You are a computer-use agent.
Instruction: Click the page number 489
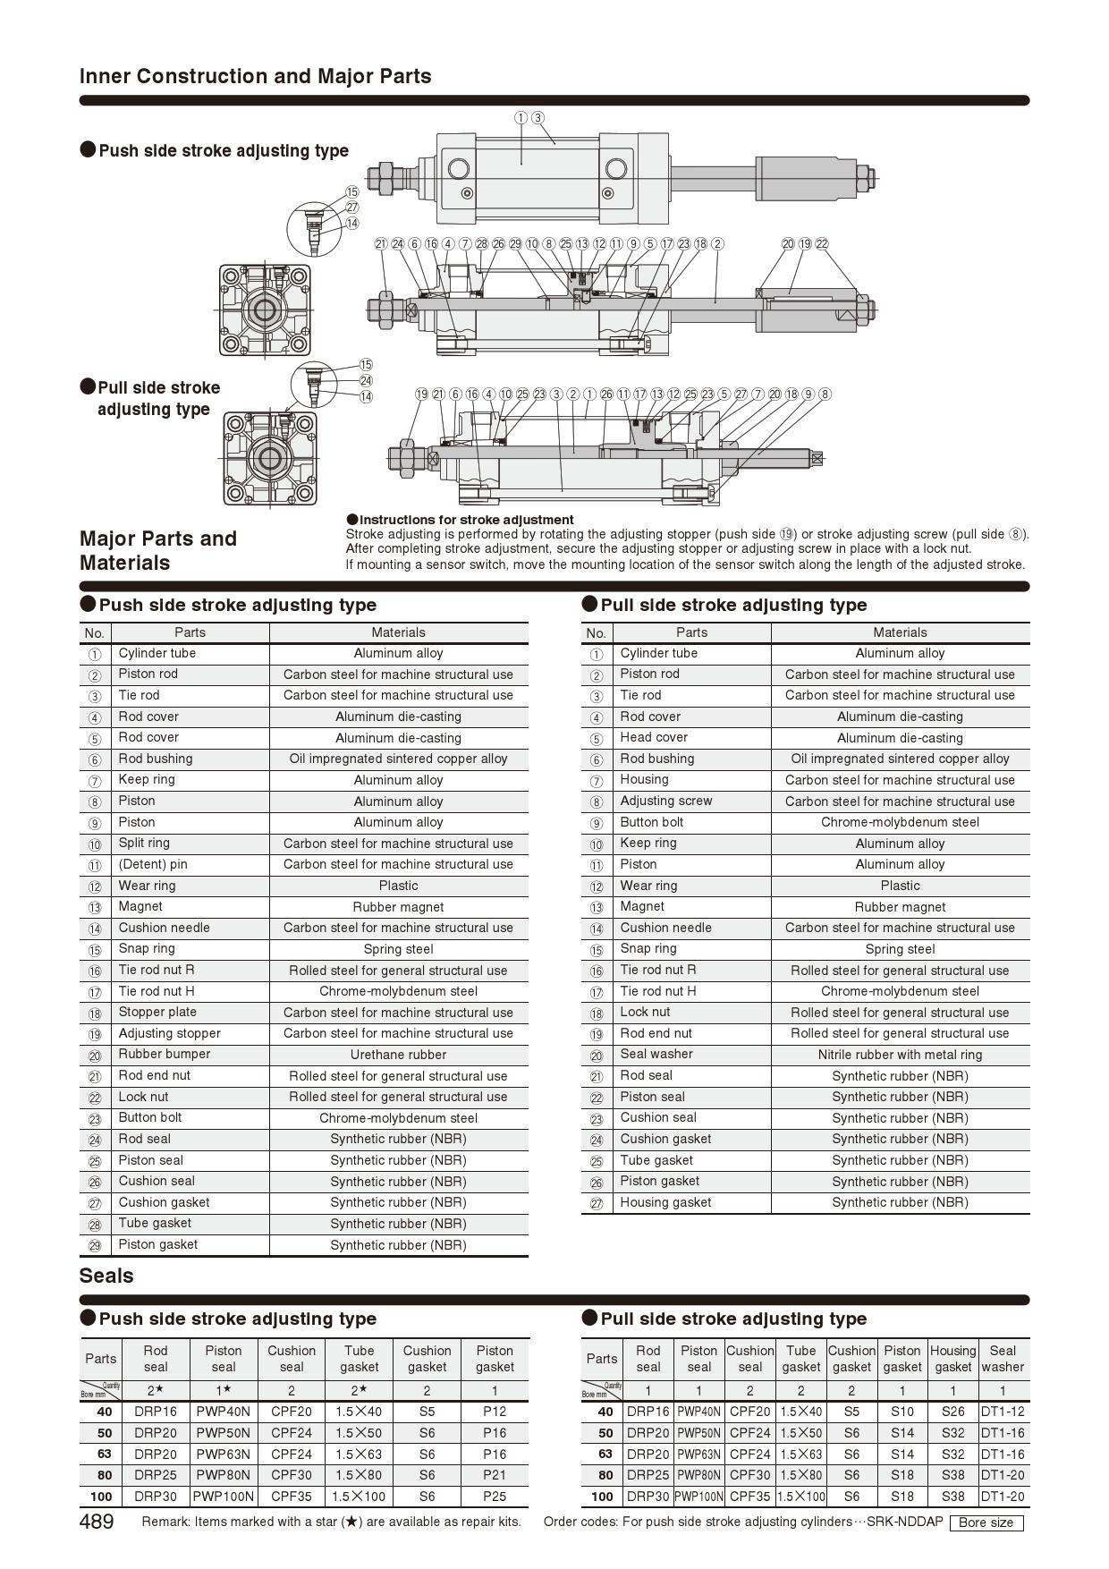97,1522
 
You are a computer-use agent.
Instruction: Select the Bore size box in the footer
986,1522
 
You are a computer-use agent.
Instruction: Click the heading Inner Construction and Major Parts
255,76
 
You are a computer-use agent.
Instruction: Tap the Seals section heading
106,1276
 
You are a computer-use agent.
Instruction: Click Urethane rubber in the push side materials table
398,1055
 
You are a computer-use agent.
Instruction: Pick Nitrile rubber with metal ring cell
900,1055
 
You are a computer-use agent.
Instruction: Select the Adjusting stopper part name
169,1033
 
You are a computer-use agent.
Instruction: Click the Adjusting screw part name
665,801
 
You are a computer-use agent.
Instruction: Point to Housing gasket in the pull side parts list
665,1202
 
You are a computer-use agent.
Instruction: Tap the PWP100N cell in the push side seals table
224,1497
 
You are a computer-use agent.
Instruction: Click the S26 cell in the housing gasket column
952,1412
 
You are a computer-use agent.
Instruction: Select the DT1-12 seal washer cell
1003,1412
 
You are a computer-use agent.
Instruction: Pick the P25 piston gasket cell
495,1497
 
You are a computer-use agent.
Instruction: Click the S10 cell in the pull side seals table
902,1412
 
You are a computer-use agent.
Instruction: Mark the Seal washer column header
1003,1359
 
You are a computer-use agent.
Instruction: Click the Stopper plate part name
157,1012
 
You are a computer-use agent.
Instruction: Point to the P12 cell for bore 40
495,1412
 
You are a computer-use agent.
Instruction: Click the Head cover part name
654,737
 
